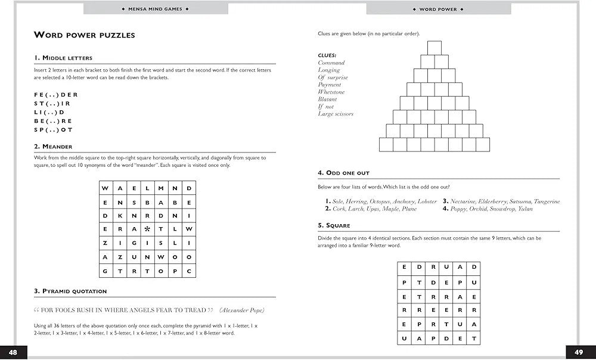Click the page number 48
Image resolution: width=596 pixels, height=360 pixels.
coord(13,352)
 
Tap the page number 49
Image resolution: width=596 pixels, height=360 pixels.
coord(579,352)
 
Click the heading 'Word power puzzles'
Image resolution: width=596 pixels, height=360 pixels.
coord(84,35)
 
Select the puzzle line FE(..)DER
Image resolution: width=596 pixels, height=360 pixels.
coord(56,94)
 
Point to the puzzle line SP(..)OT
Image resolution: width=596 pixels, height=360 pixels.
coord(54,129)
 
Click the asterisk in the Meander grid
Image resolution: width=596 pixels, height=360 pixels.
coord(147,229)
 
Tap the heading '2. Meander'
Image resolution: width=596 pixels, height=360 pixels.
coord(53,147)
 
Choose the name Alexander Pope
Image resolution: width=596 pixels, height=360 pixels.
coord(242,310)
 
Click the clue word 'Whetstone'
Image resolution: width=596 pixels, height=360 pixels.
coord(331,92)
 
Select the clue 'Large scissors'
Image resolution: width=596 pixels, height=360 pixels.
coord(336,114)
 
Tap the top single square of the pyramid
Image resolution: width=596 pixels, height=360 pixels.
coord(434,47)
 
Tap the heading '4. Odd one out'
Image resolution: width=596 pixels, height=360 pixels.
coord(344,173)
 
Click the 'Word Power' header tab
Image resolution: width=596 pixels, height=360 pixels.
coord(438,9)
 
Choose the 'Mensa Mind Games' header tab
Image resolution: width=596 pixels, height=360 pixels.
coord(155,9)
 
